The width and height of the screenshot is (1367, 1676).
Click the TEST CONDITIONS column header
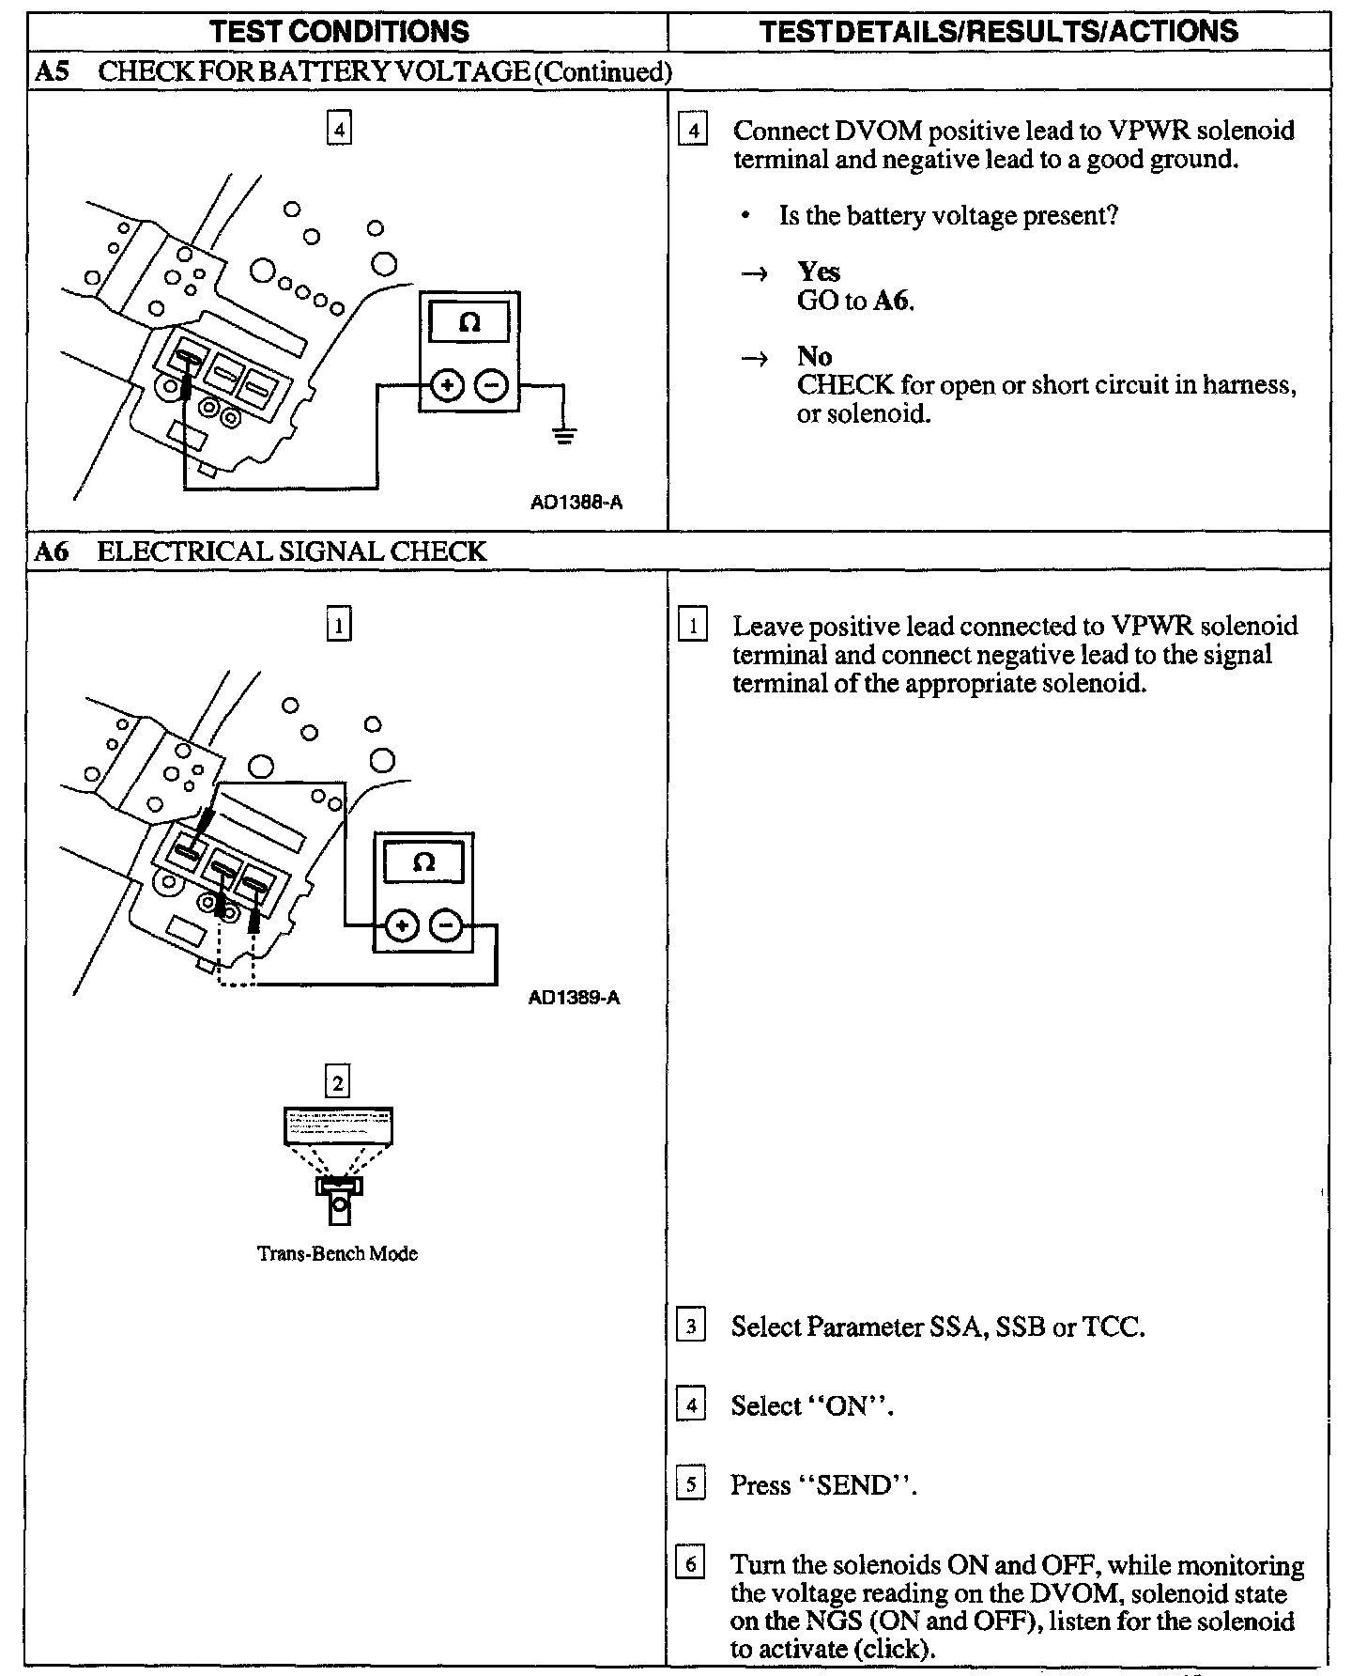(339, 31)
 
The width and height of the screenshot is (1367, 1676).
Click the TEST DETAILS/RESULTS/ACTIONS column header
(998, 31)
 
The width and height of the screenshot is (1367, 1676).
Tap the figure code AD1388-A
(576, 503)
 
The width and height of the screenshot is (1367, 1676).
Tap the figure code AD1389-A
(574, 998)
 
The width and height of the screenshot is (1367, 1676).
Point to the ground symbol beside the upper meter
(563, 435)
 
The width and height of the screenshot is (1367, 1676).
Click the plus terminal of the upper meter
(448, 385)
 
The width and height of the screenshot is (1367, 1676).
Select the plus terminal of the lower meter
(402, 926)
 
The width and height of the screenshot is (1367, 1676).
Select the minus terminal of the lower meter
(445, 926)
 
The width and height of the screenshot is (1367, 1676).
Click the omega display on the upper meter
(469, 324)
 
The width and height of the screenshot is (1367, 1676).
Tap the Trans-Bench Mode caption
(337, 1253)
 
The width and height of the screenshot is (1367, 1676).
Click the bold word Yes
(819, 272)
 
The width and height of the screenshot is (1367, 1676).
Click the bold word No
(814, 356)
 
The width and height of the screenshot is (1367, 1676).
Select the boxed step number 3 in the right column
(691, 1327)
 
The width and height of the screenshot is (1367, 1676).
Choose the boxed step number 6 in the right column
(691, 1565)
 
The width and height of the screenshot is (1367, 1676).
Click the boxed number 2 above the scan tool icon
(337, 1083)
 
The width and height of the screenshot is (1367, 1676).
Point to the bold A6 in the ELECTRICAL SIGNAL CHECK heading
(52, 551)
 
